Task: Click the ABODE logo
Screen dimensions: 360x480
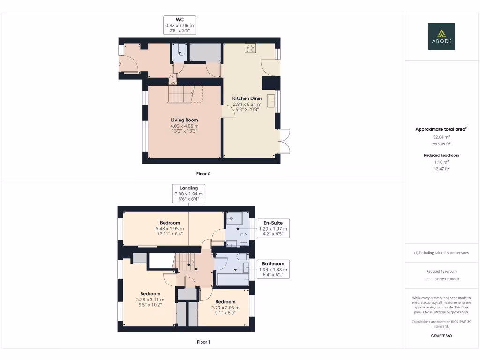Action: (441, 37)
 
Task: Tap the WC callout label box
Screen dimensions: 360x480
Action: (180, 25)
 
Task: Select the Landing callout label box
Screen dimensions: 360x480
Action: (188, 194)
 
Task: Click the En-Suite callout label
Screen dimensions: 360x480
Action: (273, 228)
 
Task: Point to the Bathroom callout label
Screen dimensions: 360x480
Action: (273, 270)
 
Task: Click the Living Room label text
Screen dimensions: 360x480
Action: (184, 126)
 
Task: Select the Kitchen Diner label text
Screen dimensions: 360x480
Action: (247, 104)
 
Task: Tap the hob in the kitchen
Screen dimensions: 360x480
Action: (250, 48)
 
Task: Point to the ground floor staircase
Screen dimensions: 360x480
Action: (180, 94)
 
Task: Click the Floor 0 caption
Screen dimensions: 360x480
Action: (203, 173)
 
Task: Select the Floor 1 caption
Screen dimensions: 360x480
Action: (203, 342)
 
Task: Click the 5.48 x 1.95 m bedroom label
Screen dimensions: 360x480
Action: (170, 228)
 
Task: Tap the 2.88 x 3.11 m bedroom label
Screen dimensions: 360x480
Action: (150, 300)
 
